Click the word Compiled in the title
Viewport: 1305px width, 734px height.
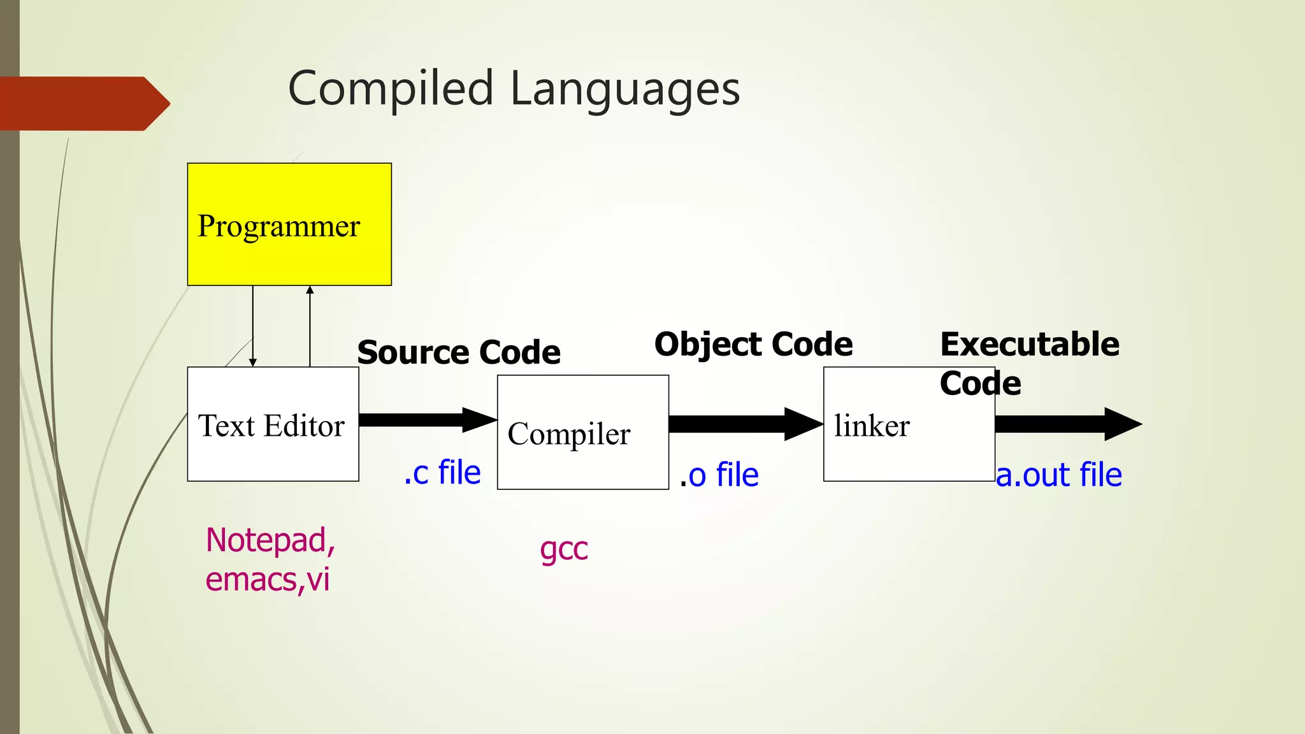pos(391,89)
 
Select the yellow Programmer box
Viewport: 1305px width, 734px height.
pos(289,224)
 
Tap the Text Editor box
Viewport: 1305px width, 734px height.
pos(273,424)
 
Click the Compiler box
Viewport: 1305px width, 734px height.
pos(582,433)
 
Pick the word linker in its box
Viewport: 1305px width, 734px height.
pos(872,426)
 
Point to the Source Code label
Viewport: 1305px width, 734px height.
pos(459,352)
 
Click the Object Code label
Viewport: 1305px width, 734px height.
pos(753,344)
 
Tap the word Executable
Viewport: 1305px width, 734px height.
pos(1029,344)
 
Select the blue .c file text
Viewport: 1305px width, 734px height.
pos(442,473)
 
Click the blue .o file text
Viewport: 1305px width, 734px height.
pos(719,475)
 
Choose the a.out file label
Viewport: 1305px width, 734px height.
pos(1058,475)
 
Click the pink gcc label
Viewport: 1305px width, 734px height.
pos(563,549)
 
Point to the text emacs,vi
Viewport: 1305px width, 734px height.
pos(268,580)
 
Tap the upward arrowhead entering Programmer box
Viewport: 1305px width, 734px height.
pos(310,291)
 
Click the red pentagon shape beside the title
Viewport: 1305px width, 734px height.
pos(83,103)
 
